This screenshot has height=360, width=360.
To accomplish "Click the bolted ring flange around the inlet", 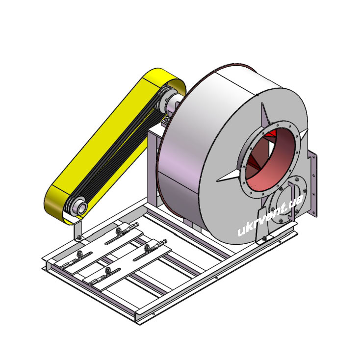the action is [270, 159].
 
